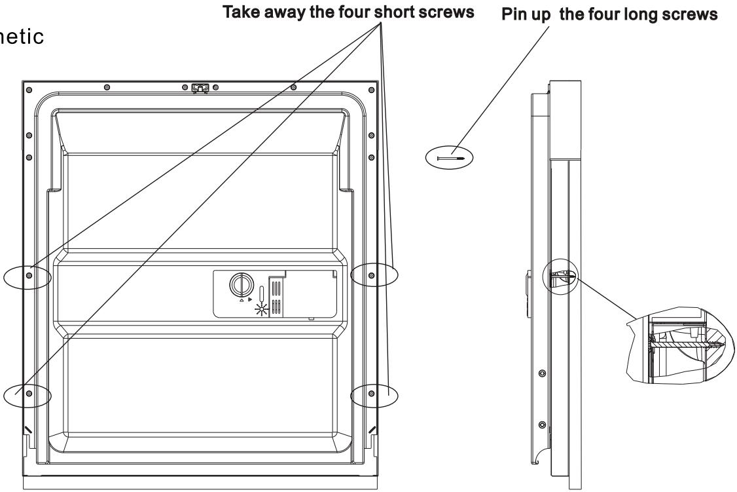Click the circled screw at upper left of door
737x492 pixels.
[29, 276]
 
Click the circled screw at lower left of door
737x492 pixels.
[29, 393]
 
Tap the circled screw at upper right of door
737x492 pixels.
[372, 275]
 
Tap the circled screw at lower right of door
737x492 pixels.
[372, 393]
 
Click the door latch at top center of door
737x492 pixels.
[200, 87]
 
